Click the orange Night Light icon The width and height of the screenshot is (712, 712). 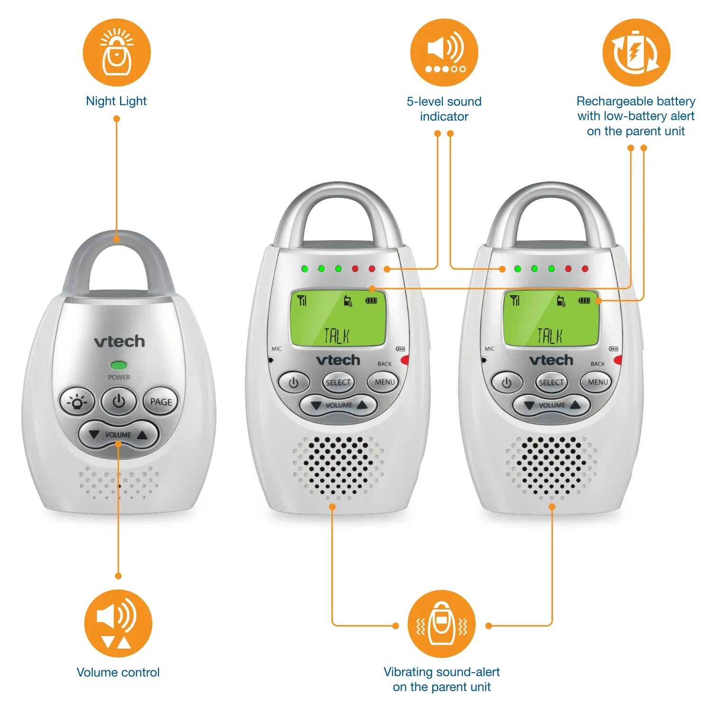click(x=116, y=52)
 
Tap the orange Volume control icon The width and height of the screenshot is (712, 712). click(x=118, y=623)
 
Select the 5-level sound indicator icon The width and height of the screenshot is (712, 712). click(x=444, y=52)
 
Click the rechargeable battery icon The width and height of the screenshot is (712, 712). click(x=636, y=52)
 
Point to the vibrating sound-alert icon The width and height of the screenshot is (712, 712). click(x=441, y=624)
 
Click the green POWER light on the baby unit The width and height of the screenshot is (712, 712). click(x=119, y=365)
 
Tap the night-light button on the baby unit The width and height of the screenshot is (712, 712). click(x=77, y=402)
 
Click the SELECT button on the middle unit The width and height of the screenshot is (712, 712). click(x=338, y=382)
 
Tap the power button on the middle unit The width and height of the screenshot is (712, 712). click(x=294, y=383)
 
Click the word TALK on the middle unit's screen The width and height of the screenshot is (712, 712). click(x=337, y=336)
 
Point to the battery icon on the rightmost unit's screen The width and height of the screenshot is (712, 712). click(x=584, y=300)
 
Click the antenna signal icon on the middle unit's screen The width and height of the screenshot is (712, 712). click(x=302, y=300)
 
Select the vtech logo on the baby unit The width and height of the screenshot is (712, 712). click(x=119, y=341)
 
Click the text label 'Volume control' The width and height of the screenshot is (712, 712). click(x=118, y=672)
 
